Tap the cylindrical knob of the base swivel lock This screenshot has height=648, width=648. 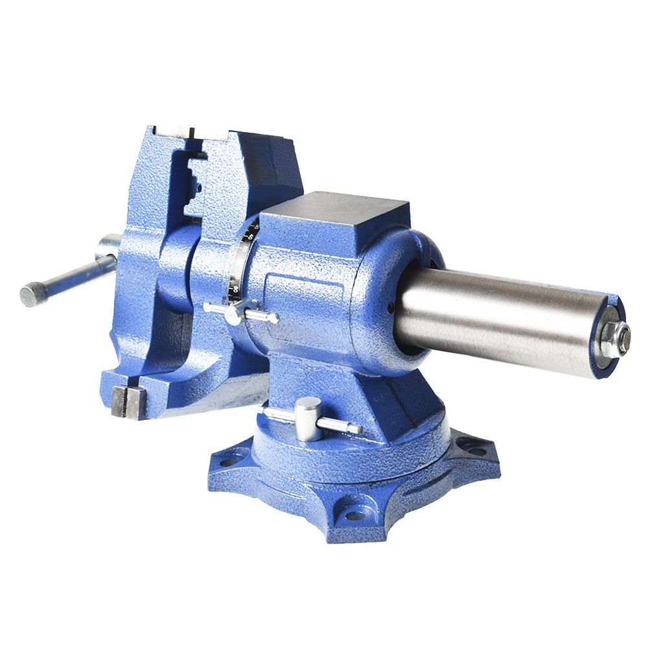tap(308, 418)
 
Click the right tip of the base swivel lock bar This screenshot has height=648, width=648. tap(358, 428)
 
